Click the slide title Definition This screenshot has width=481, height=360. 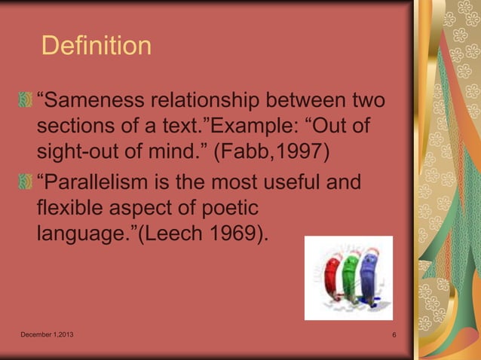click(x=96, y=46)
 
